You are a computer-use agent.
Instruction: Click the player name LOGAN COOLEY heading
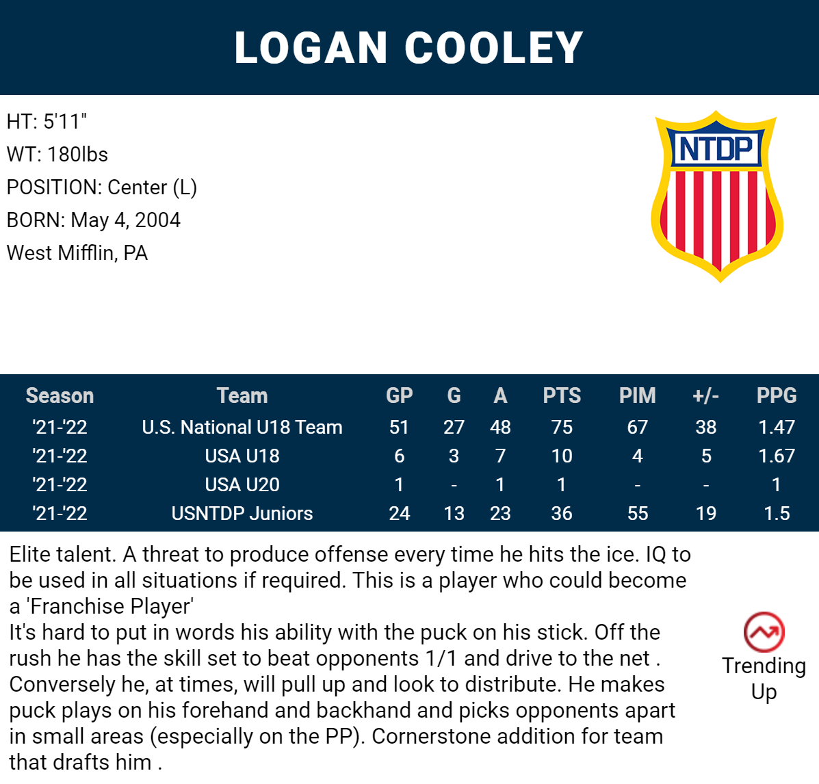coord(408,48)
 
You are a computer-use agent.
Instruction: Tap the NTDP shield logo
coord(716,196)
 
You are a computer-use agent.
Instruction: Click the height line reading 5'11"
coord(47,122)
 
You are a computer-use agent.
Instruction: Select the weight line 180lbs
coord(57,155)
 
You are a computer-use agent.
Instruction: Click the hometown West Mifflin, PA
coord(77,253)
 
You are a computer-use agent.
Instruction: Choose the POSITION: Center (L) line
coord(102,187)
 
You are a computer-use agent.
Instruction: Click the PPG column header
coord(777,396)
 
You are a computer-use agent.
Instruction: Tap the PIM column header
coord(637,396)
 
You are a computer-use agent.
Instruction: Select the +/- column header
coord(705,396)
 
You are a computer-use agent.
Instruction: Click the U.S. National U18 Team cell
coord(242,428)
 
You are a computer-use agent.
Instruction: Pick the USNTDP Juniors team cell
coord(242,514)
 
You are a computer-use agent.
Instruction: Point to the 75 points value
coord(562,428)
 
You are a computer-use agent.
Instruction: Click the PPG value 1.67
coord(777,456)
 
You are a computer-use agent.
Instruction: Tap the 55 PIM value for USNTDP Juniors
coord(637,514)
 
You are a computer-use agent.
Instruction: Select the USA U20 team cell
coord(242,485)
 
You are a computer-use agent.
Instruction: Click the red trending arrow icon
coord(764,631)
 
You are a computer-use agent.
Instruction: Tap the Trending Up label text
coord(764,679)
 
